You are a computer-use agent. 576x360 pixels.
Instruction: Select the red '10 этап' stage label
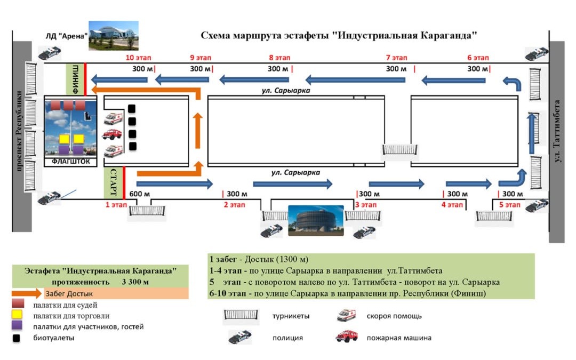pos(138,57)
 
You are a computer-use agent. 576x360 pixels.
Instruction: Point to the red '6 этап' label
pos(478,57)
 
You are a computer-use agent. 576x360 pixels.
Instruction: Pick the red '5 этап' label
pos(509,204)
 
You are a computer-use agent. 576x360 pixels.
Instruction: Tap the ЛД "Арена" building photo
pos(113,35)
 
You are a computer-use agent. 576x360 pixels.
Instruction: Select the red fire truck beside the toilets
pos(112,133)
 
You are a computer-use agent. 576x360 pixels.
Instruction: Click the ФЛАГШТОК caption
pos(71,161)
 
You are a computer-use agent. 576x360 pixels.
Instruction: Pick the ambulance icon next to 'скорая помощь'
pos(347,315)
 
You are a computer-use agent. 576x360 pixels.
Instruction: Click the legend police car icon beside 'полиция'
pos(239,337)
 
